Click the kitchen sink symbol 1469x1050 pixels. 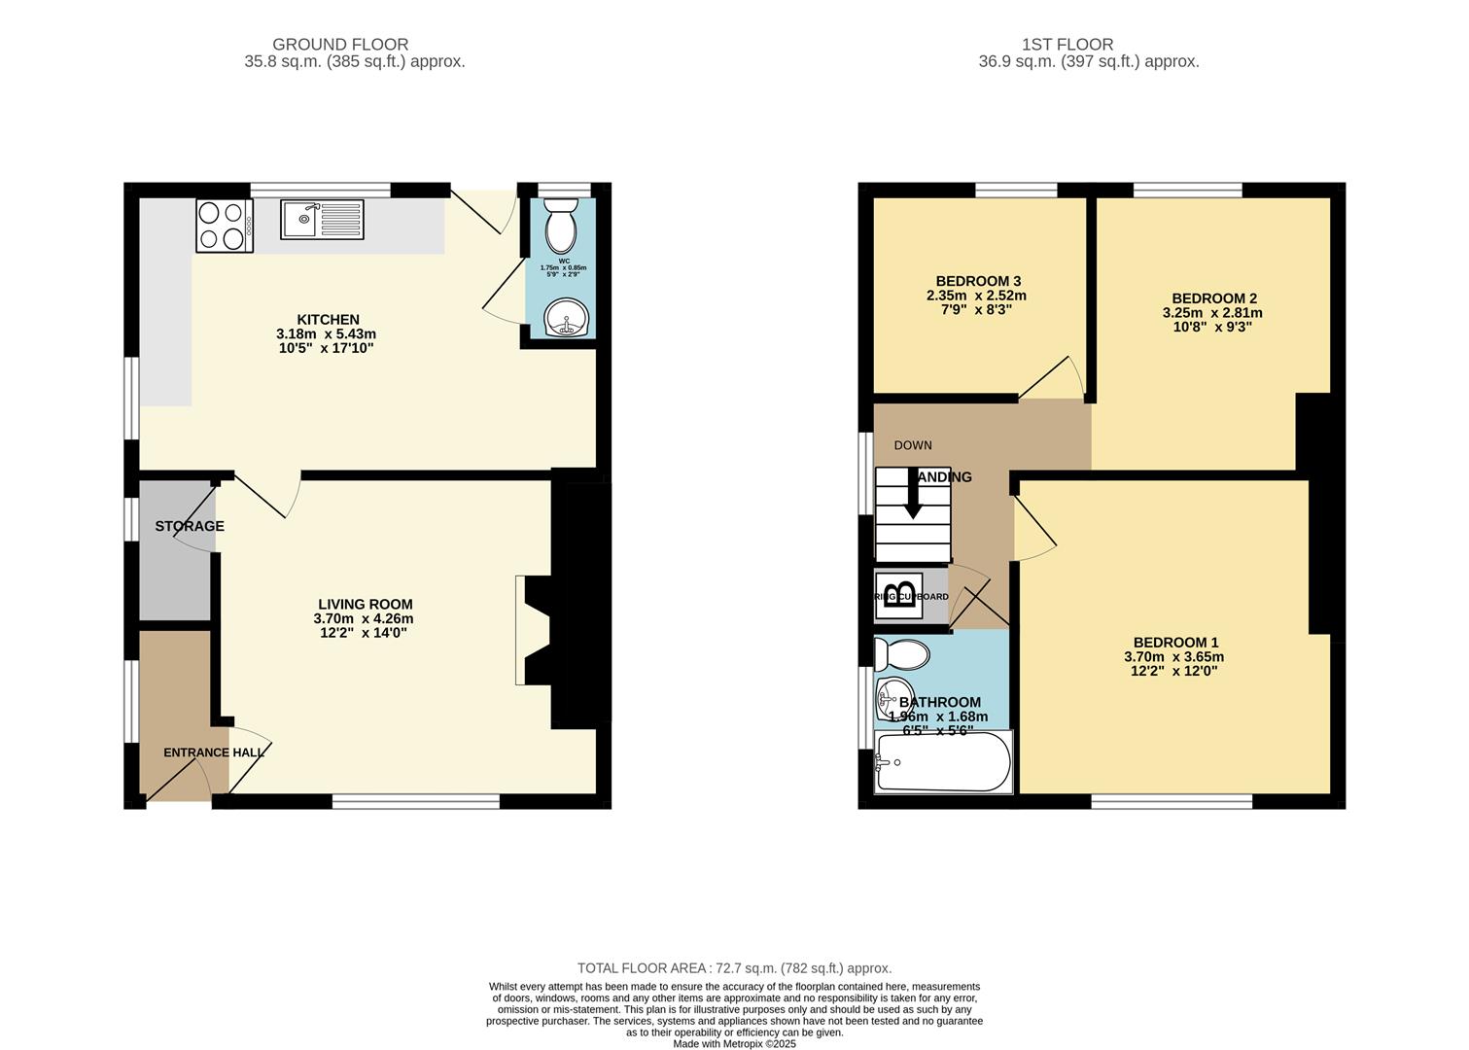(x=322, y=220)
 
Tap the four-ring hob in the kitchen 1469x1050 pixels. (x=224, y=226)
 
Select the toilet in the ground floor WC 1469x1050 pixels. (x=561, y=227)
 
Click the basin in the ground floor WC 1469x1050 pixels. (x=563, y=318)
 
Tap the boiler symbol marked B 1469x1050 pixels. (x=899, y=596)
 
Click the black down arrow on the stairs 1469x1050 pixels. (x=913, y=495)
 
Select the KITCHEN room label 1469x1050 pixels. (x=328, y=320)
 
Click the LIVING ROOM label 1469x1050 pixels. (x=363, y=605)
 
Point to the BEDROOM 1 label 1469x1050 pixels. (x=1175, y=643)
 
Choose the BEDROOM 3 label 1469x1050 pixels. (x=977, y=282)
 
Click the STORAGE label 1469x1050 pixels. (x=190, y=526)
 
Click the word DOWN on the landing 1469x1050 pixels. (x=913, y=445)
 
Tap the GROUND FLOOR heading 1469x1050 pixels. (x=340, y=45)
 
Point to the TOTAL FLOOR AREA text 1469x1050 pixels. (x=734, y=968)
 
